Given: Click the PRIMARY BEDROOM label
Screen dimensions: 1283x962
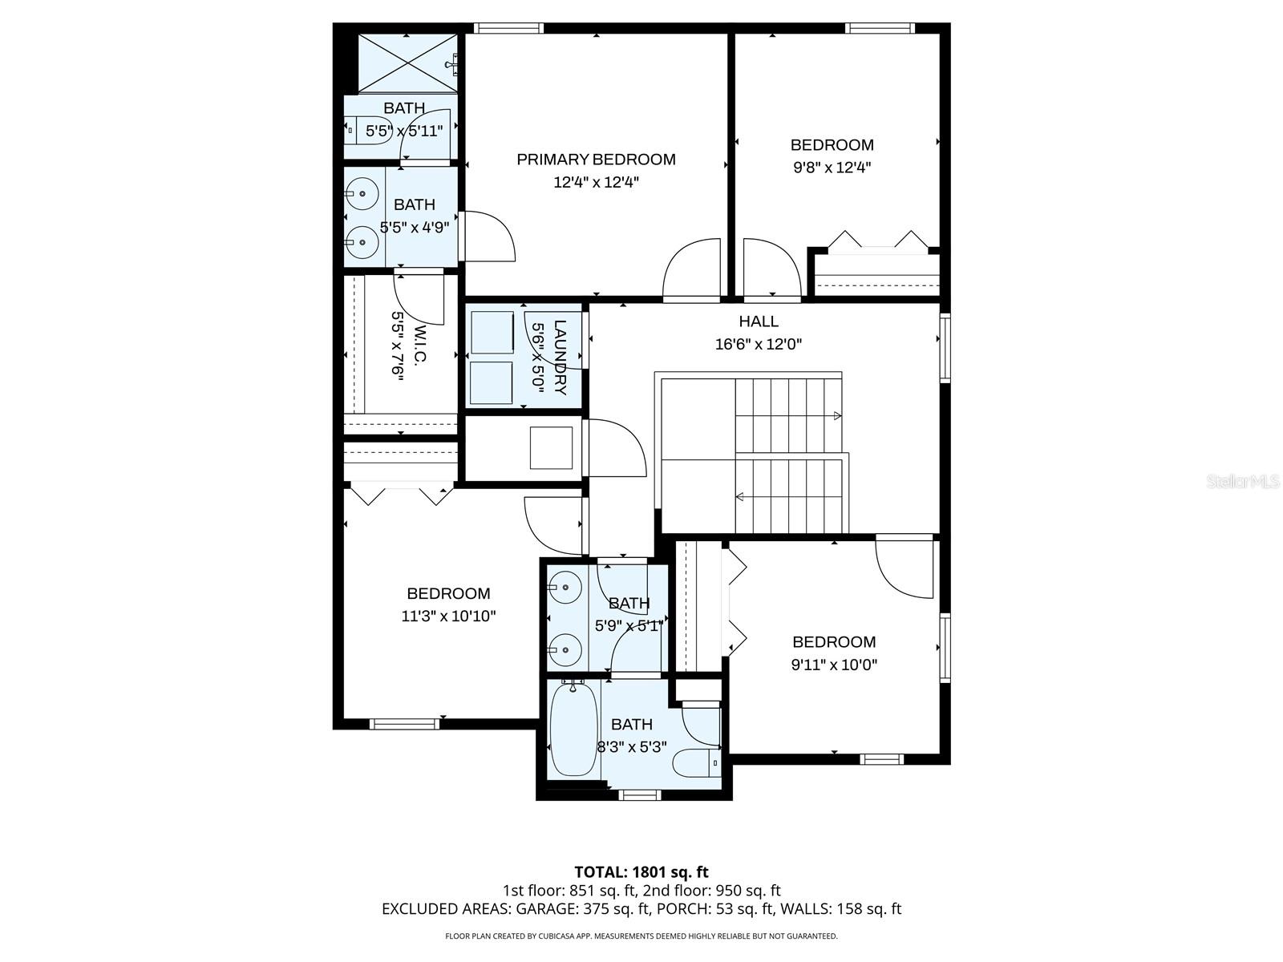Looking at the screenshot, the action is pyautogui.click(x=596, y=160).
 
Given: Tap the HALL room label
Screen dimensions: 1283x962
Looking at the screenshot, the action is pyautogui.click(x=758, y=321).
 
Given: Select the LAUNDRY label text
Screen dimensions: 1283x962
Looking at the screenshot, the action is pyautogui.click(x=560, y=358).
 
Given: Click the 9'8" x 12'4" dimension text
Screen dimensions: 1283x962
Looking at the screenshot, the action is pyautogui.click(x=832, y=168).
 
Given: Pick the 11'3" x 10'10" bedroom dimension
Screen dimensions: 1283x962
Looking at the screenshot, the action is pyautogui.click(x=448, y=616).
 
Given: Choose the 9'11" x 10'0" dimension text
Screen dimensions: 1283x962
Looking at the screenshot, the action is pyautogui.click(x=834, y=664).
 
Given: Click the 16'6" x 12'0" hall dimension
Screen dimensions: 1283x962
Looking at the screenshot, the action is pyautogui.click(x=758, y=344).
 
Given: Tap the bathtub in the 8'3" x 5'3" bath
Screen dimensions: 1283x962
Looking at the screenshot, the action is pyautogui.click(x=573, y=730).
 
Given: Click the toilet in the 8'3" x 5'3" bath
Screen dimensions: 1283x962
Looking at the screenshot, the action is pyautogui.click(x=696, y=763).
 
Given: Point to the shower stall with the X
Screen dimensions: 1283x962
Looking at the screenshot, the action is pyautogui.click(x=407, y=63).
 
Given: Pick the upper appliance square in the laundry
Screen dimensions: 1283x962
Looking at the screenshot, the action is pyautogui.click(x=492, y=332).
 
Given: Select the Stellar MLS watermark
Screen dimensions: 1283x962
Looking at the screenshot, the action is pyautogui.click(x=1242, y=481).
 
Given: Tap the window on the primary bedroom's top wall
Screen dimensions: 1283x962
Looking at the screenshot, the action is pyautogui.click(x=508, y=28).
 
